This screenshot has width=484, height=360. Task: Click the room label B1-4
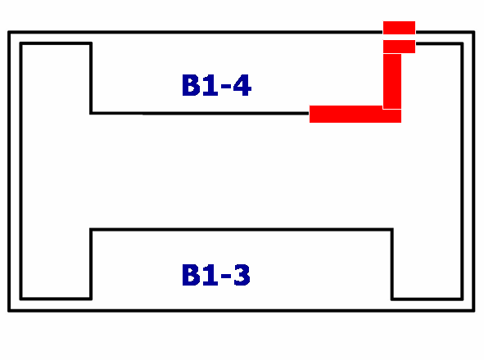(x=217, y=85)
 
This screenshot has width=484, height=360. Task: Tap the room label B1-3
(x=216, y=275)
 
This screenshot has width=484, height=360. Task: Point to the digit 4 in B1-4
(x=242, y=85)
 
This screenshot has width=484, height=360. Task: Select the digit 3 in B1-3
(x=242, y=275)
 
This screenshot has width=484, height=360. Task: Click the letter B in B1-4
(x=191, y=85)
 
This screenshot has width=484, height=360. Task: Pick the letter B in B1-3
(x=191, y=275)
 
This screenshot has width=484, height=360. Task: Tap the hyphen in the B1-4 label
(x=226, y=87)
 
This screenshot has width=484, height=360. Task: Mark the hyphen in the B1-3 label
(x=226, y=276)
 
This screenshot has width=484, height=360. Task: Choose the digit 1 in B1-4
(x=210, y=85)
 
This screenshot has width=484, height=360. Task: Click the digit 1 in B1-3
(x=210, y=275)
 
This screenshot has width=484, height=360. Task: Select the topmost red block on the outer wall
(x=399, y=28)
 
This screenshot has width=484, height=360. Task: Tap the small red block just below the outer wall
(x=399, y=47)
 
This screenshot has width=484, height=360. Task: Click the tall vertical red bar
(x=392, y=82)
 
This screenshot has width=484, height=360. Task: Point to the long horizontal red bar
(x=355, y=115)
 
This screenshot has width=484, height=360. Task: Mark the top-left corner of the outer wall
(x=9, y=32)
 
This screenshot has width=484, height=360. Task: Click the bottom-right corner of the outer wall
(x=474, y=311)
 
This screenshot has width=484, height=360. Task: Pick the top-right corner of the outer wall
(x=474, y=32)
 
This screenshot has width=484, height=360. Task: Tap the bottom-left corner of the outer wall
(x=9, y=311)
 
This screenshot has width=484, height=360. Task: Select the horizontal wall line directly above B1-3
(x=242, y=230)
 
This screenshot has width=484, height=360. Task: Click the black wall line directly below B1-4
(x=199, y=114)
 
